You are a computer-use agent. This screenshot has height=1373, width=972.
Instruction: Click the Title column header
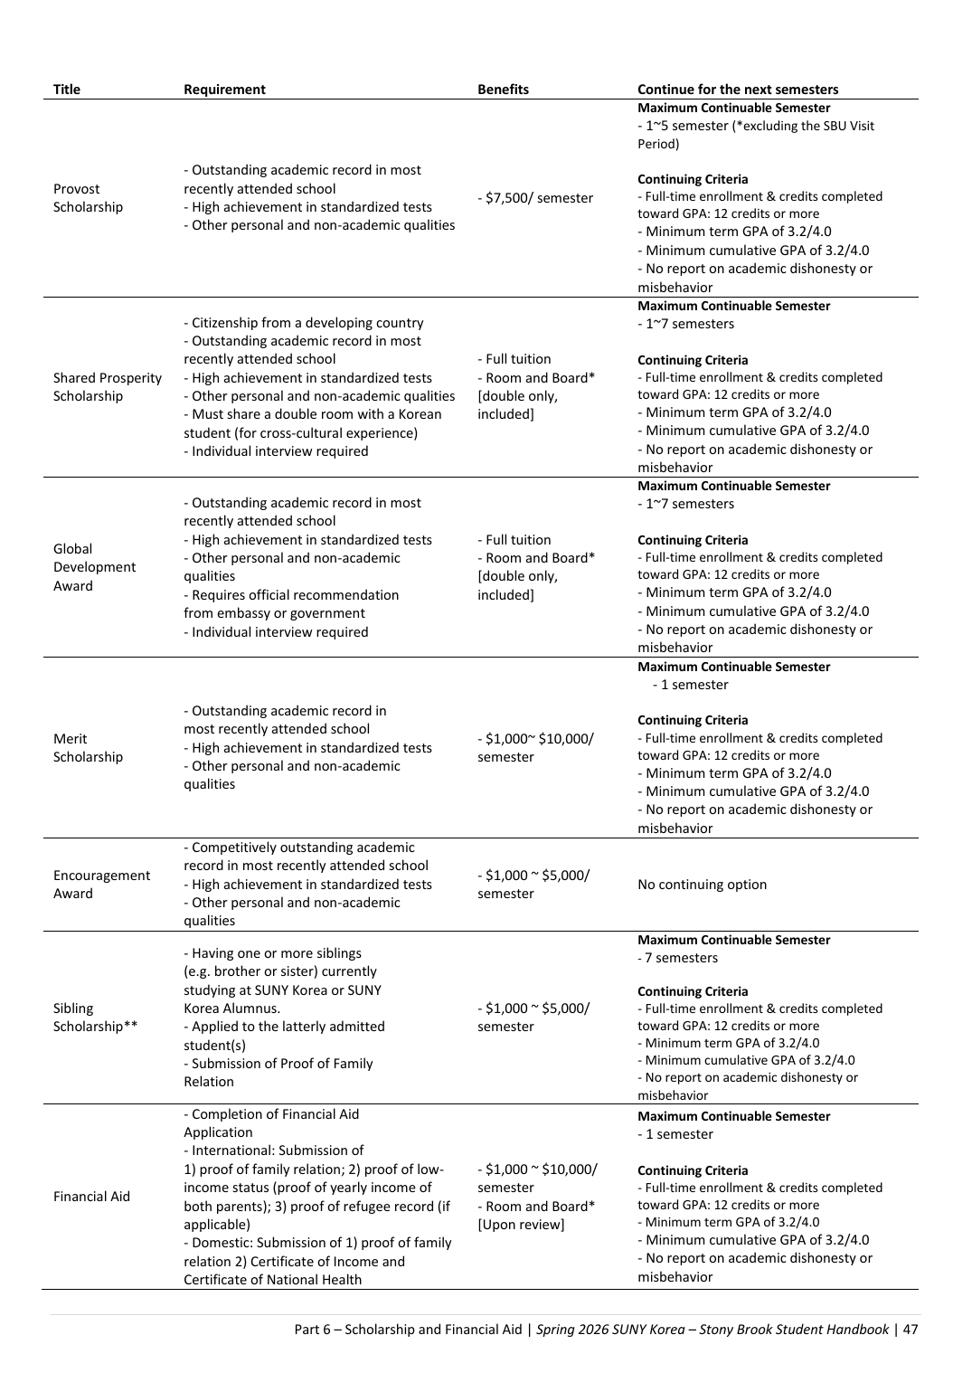67,89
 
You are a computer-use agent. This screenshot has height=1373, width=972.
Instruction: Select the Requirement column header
224,89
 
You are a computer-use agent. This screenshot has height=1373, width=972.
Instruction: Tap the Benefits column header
503,89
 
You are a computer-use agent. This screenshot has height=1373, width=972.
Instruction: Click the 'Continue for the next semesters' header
738,89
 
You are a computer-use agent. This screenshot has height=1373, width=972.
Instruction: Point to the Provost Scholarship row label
88,198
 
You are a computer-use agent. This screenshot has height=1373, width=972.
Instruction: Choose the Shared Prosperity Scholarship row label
108,387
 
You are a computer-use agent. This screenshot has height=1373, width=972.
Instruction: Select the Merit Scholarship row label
88,748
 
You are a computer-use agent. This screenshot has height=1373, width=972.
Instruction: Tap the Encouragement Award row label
101,885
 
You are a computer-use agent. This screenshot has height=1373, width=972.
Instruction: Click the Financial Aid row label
91,1197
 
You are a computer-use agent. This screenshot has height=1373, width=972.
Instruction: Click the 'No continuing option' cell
702,885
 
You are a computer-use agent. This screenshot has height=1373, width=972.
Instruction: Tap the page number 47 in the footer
910,1330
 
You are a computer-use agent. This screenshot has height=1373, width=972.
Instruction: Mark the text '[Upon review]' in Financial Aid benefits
521,1225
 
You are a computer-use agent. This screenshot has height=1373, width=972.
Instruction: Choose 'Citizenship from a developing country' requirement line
304,323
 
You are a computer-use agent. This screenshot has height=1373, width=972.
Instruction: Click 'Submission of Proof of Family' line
278,1064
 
